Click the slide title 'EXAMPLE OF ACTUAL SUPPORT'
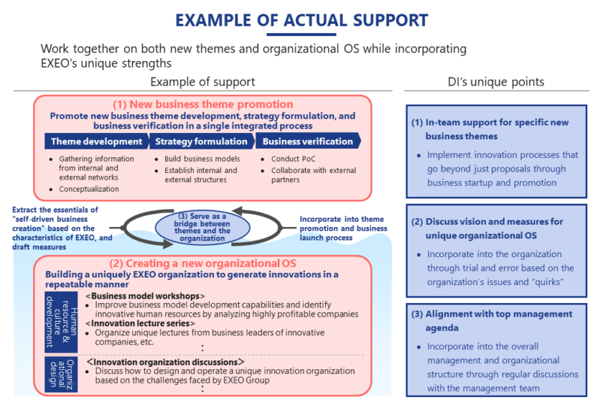click(301, 19)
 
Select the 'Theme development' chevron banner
click(96, 141)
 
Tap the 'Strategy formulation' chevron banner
click(200, 141)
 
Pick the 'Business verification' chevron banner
click(307, 141)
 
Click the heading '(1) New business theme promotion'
click(202, 104)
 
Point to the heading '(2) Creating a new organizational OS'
click(202, 263)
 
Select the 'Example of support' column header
click(202, 82)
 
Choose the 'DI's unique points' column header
click(496, 82)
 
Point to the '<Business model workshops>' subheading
click(145, 296)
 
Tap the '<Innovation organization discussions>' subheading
click(165, 362)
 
